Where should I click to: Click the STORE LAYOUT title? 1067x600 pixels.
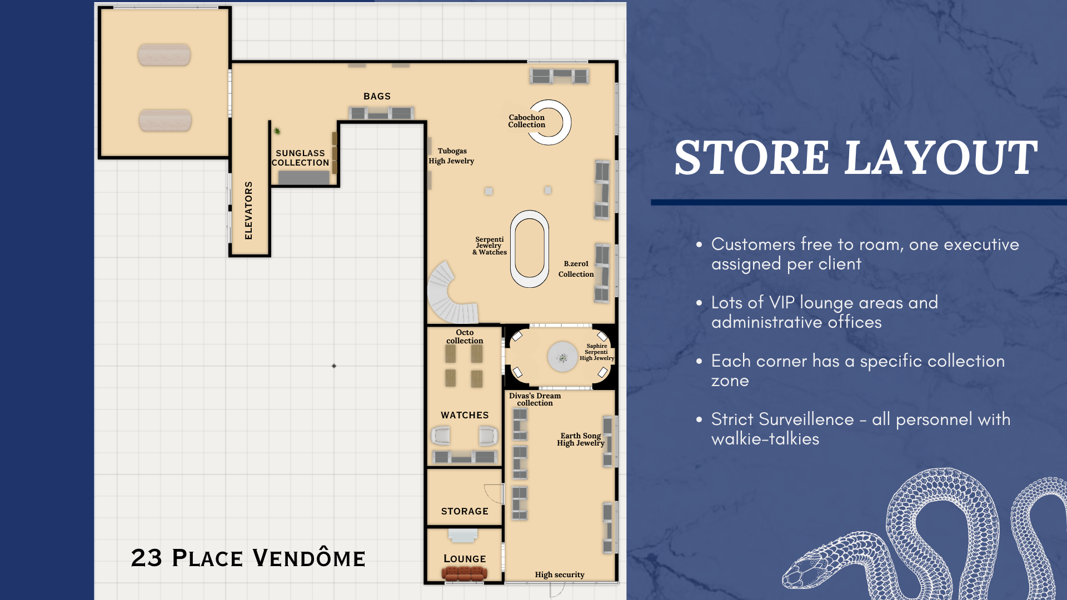(856, 158)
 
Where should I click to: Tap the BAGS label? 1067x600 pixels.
(377, 96)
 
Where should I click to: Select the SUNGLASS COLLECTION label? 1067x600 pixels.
(300, 158)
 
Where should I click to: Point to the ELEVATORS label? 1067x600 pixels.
(248, 210)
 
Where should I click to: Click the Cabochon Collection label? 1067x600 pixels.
(527, 121)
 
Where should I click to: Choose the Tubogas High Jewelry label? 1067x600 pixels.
(451, 156)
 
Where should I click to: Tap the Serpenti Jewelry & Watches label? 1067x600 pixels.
(490, 246)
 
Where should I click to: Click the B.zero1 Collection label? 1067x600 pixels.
(576, 269)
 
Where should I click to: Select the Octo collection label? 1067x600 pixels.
(465, 337)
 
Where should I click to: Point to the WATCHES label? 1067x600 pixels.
(465, 415)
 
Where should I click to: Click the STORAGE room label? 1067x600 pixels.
(465, 511)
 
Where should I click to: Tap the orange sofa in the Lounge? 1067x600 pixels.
(465, 573)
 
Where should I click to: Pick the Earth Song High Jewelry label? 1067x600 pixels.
(581, 439)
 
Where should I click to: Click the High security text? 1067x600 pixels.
(560, 575)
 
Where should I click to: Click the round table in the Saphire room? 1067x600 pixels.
(563, 357)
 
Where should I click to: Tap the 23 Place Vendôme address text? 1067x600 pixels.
(248, 558)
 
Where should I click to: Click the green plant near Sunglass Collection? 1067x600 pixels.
(277, 131)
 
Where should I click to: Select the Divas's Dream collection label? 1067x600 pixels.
(535, 399)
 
